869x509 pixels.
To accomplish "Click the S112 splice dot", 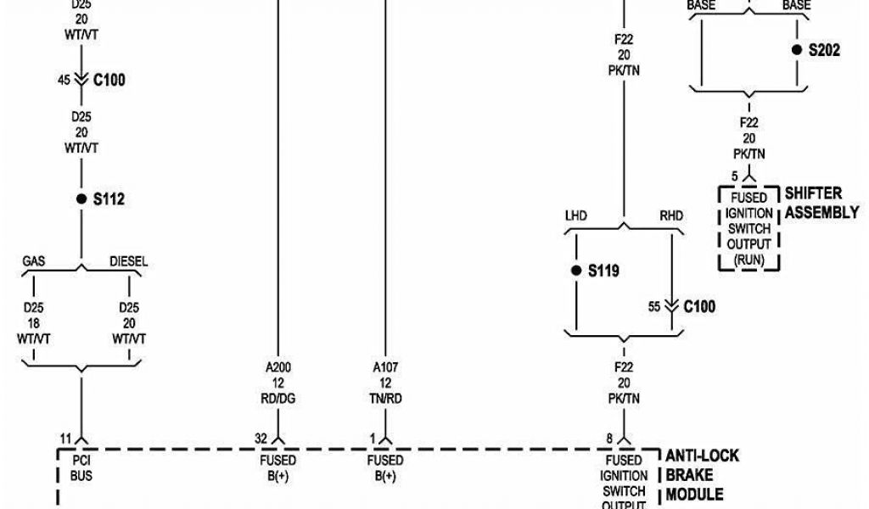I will tap(81, 199).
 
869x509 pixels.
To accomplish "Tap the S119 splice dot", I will tap(576, 271).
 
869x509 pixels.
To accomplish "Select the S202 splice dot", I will tap(796, 50).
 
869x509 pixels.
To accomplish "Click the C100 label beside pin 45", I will tap(109, 80).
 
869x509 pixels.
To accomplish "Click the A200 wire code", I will tap(278, 368).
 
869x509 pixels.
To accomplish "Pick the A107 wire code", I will tap(385, 368).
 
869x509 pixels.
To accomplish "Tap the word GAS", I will tap(34, 262).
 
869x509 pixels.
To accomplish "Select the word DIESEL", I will tap(129, 262).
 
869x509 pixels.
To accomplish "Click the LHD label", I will tap(575, 216).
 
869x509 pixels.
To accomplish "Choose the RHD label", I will tap(670, 216).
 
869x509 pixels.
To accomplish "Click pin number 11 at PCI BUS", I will tap(65, 439).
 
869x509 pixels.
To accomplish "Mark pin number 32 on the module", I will tap(261, 439).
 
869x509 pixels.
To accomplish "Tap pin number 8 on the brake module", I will tap(608, 439).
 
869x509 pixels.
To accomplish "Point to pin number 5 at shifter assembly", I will tap(734, 176).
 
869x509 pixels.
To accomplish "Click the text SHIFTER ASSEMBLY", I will tap(821, 203).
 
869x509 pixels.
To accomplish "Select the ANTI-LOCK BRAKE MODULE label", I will tap(700, 474).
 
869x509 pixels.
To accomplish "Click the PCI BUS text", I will tap(81, 468).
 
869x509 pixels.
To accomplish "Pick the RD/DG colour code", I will tap(278, 399).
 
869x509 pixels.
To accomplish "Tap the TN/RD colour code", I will tap(385, 399).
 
